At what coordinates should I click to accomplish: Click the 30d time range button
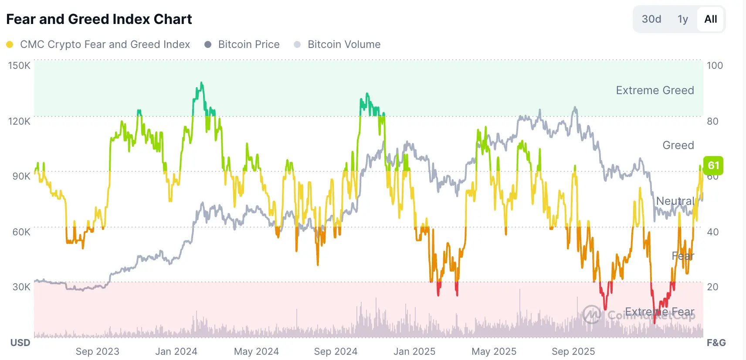651,19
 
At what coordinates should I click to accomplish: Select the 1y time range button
682,19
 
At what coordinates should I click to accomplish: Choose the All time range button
710,19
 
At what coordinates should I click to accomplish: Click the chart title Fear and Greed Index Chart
99,19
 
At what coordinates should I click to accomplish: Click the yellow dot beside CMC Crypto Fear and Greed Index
10,44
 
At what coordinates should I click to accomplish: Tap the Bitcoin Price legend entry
248,44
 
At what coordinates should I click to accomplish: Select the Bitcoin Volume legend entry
344,44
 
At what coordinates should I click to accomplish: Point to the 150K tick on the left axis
19,65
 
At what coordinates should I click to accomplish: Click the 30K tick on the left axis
21,287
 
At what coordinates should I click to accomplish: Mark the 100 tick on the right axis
715,65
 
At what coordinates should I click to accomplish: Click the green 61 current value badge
713,166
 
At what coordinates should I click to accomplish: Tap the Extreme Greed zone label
654,90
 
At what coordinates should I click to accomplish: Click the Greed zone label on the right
678,145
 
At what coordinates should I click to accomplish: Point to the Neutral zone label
675,201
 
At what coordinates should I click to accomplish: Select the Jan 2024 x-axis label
176,351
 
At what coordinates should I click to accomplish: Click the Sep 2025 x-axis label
573,351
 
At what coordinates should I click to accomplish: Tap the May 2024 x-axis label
256,351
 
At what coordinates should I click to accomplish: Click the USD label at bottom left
20,343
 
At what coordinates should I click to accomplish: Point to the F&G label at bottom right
716,343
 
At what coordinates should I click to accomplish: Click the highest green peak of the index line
201,83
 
